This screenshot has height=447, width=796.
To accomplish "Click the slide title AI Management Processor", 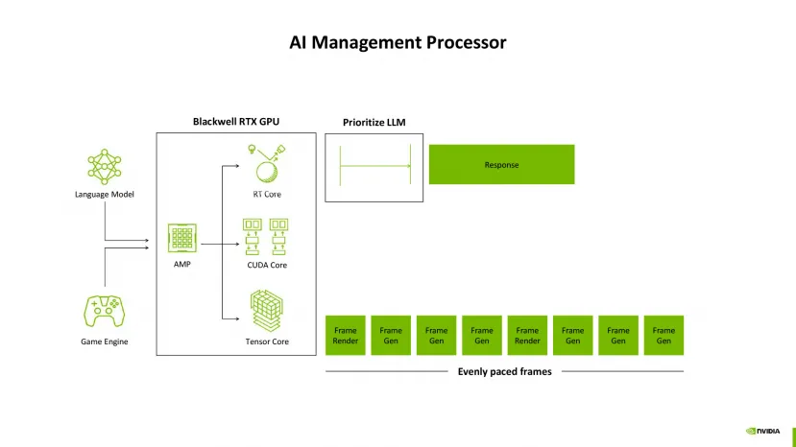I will pos(398,43).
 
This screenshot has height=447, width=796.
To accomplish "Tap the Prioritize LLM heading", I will pos(374,122).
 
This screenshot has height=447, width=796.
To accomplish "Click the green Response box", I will pos(501,165).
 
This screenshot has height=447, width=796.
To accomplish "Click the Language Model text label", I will pos(105,195).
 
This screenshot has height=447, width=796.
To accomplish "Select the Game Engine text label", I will pos(105,341).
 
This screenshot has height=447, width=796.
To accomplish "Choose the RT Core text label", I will pos(266,195).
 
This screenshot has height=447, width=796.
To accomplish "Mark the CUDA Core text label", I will pos(266,265).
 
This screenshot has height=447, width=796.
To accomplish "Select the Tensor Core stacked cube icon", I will pos(266,312).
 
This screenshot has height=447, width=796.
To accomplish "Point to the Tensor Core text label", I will pos(266,341).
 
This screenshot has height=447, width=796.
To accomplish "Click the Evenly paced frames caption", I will pos(504,371).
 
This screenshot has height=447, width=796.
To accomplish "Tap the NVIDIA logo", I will pos(762,431).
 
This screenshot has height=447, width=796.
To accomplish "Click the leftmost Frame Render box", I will pos(346,336).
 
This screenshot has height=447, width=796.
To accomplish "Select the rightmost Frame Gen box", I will pos(663,336).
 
